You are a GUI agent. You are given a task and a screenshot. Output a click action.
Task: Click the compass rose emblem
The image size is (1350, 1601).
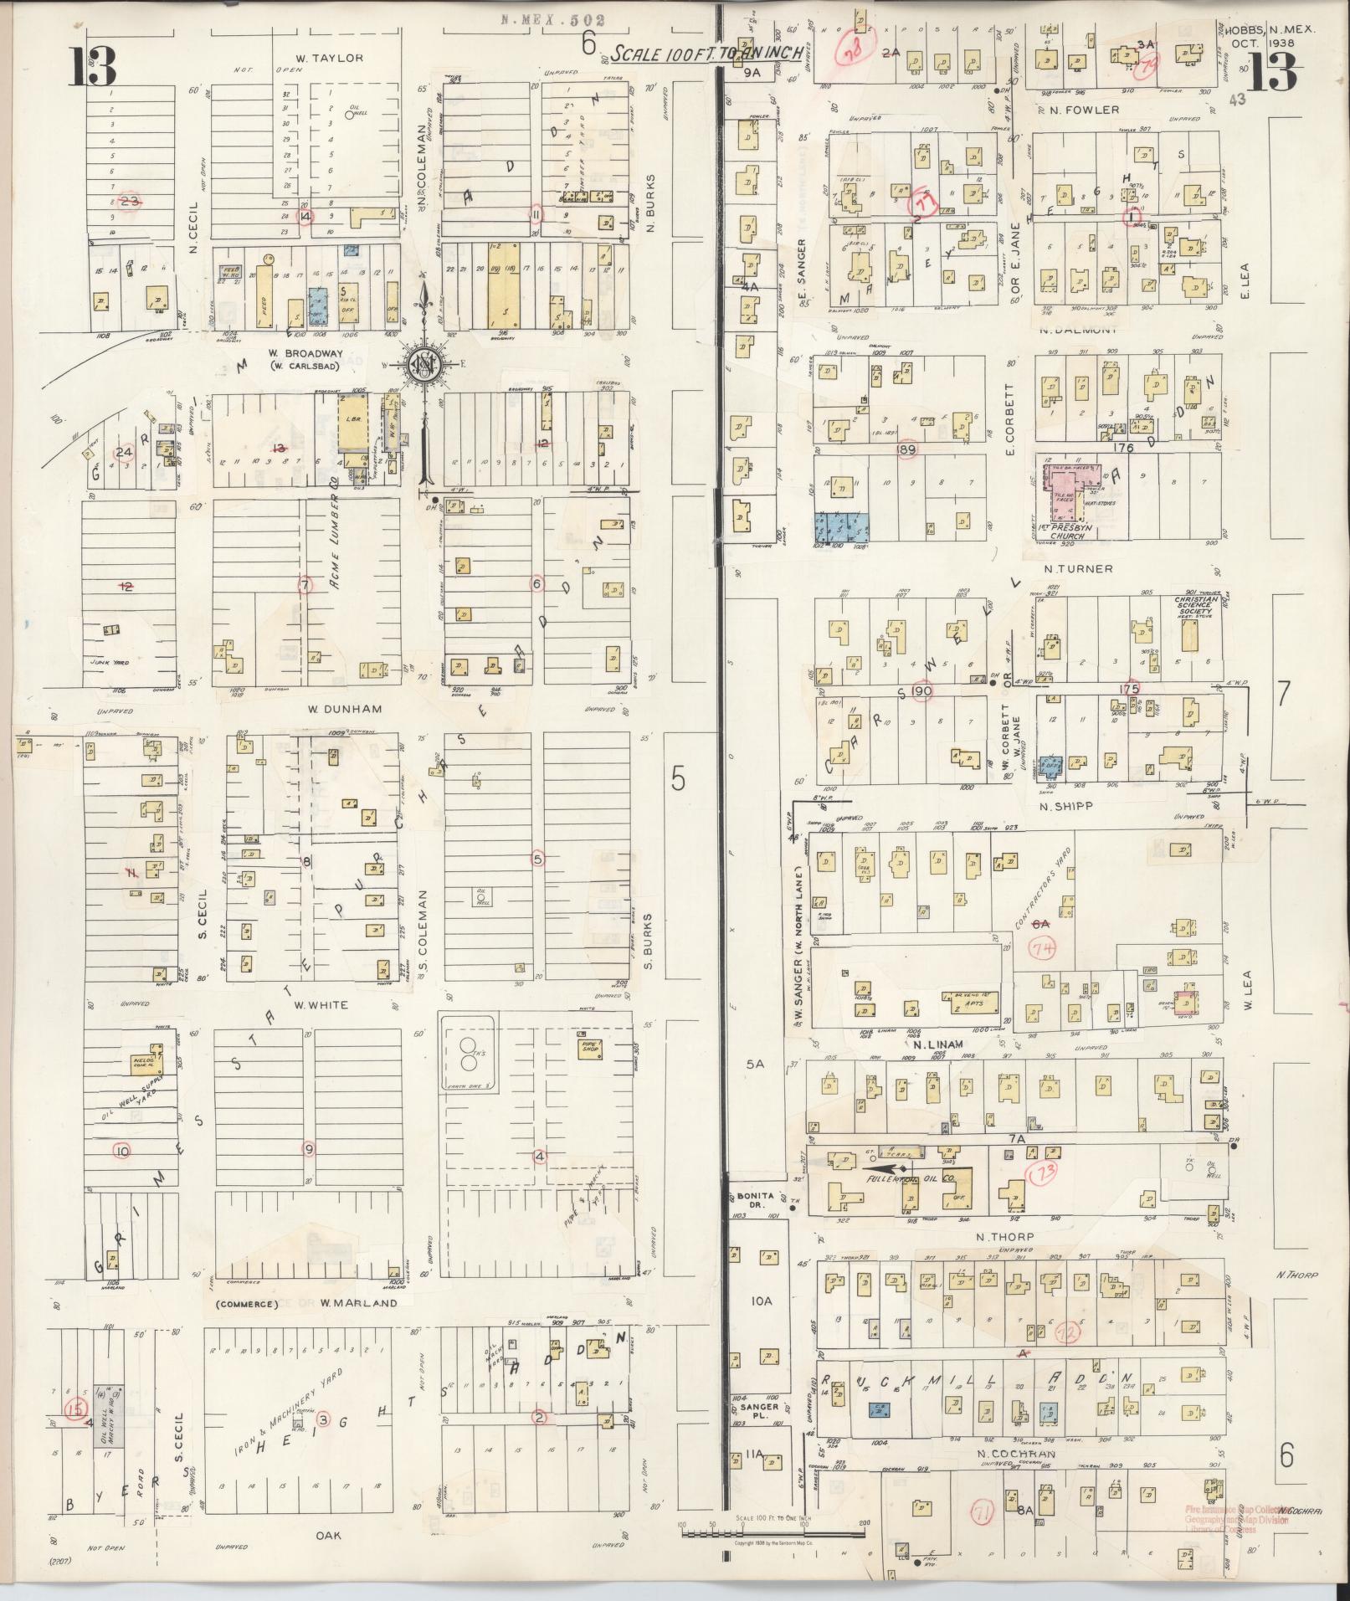click(x=427, y=365)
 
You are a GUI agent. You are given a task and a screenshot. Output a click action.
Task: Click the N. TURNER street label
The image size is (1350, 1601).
click(x=1078, y=569)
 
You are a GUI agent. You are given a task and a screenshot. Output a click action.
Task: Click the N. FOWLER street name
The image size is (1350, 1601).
click(x=1085, y=110)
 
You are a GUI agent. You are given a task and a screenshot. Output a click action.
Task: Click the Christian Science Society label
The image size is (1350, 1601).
click(x=1193, y=605)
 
